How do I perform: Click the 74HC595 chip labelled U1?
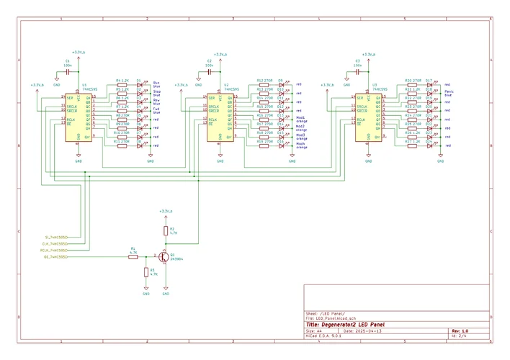click(x=79, y=117)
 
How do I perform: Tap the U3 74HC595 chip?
click(x=367, y=118)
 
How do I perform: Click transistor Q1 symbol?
click(x=164, y=256)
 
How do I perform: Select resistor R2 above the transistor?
click(x=166, y=231)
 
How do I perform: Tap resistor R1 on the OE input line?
click(x=133, y=256)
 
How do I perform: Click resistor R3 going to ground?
click(x=146, y=273)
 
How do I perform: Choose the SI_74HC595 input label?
click(x=56, y=236)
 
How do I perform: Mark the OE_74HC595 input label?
click(x=55, y=256)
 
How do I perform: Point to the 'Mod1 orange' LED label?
click(x=300, y=119)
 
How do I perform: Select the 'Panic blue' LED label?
click(x=448, y=94)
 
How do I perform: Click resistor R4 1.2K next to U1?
click(x=122, y=84)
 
